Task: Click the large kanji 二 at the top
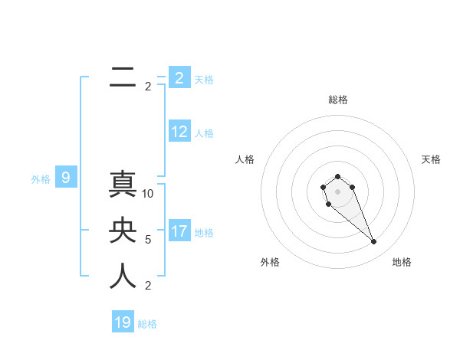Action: click(x=123, y=77)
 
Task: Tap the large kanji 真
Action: click(x=123, y=185)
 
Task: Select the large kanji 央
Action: click(x=123, y=231)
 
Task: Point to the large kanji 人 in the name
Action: click(x=123, y=276)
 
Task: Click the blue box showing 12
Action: click(x=179, y=132)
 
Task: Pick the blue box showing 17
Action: click(x=179, y=231)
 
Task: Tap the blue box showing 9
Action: click(x=66, y=178)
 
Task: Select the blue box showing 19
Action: click(x=123, y=322)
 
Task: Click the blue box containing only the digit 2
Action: click(x=179, y=78)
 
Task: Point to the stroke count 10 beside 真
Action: click(x=148, y=194)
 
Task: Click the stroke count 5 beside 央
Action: click(x=148, y=240)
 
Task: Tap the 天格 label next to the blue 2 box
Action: click(x=204, y=80)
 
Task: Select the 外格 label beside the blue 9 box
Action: click(x=41, y=179)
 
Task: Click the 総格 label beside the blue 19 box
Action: click(x=147, y=324)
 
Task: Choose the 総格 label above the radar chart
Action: click(x=338, y=100)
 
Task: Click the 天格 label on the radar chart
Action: click(x=431, y=159)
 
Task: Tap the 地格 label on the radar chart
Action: click(x=402, y=262)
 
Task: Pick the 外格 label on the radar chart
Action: click(x=270, y=262)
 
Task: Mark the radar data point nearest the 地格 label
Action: click(x=373, y=242)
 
